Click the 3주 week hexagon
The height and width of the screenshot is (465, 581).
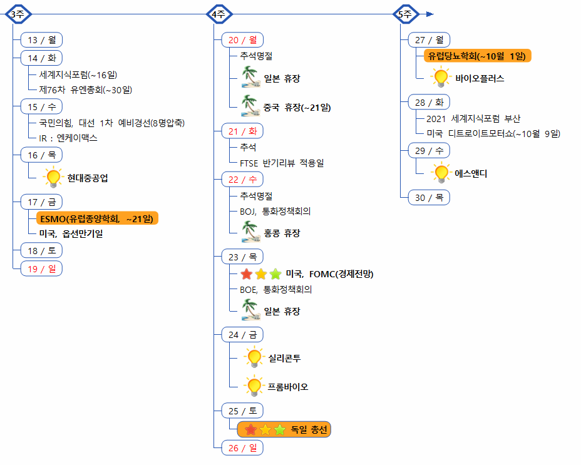tap(17, 14)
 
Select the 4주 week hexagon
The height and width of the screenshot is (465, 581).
tap(219, 14)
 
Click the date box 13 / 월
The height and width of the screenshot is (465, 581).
tap(41, 40)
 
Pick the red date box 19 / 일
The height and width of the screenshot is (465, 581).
tap(41, 268)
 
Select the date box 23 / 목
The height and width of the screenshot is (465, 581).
tap(242, 257)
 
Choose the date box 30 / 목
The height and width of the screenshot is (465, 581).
tap(429, 197)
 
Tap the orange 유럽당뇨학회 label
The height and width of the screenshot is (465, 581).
tap(477, 56)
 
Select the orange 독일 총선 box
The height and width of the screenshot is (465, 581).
tap(284, 429)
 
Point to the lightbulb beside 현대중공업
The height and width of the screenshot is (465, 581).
tap(53, 178)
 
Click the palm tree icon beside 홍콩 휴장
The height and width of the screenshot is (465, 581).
tap(251, 233)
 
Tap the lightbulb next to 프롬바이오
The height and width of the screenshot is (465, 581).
tap(254, 386)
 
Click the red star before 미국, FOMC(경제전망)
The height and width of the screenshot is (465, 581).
tap(247, 274)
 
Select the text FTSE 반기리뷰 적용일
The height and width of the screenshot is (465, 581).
tap(282, 163)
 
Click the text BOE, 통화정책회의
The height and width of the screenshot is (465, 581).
tap(275, 290)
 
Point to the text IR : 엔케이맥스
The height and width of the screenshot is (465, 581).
tap(68, 138)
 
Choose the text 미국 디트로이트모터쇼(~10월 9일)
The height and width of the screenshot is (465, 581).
tap(493, 133)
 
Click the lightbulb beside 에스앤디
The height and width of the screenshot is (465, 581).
tap(441, 173)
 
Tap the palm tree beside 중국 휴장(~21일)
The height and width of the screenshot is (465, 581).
tap(251, 106)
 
